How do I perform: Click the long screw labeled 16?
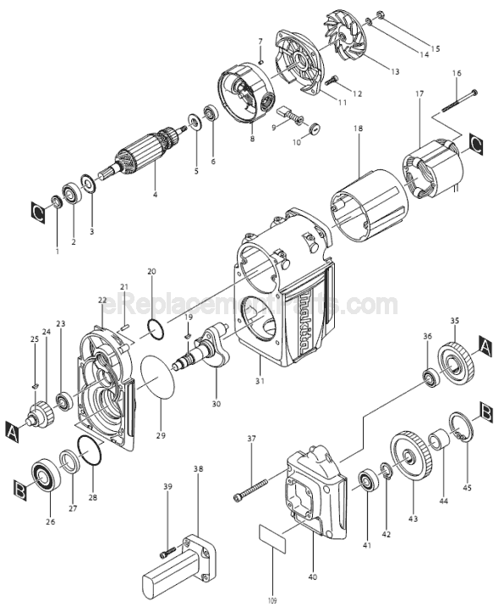458,99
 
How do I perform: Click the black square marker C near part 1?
37,209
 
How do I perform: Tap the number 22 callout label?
102,301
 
